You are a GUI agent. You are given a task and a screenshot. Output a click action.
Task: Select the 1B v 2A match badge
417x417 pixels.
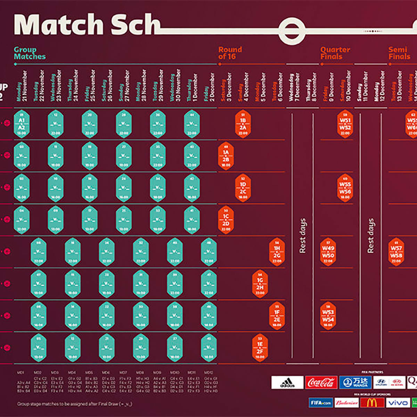pos(243,124)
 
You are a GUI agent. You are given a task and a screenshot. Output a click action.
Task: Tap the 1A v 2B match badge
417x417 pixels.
pos(226,156)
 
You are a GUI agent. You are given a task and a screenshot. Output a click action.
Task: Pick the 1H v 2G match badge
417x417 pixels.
pos(277,252)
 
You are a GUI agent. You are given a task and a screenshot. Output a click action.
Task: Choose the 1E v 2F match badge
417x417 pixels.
pos(260,348)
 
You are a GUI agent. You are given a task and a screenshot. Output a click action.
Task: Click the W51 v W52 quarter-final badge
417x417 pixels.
pos(345,124)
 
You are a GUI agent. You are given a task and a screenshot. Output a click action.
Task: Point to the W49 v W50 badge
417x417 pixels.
pos(328,252)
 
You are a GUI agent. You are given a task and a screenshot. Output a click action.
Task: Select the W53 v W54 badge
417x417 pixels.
pos(328,316)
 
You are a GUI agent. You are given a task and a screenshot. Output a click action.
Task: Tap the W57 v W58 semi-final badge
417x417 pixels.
pos(396,252)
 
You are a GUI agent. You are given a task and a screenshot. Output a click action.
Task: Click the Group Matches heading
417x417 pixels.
pos(30,53)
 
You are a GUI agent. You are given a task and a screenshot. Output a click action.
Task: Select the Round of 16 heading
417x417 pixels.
pos(230,53)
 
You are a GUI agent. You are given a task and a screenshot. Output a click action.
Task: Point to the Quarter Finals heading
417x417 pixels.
pos(335,53)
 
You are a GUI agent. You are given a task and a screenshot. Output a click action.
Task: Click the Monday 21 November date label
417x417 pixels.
pos(22,86)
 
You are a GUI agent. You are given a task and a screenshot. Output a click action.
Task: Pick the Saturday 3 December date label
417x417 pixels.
pos(226,87)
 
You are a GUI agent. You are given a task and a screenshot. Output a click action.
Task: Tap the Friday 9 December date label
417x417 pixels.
pos(328,87)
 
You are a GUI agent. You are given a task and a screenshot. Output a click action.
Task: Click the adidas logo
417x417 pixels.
pos(287,383)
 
